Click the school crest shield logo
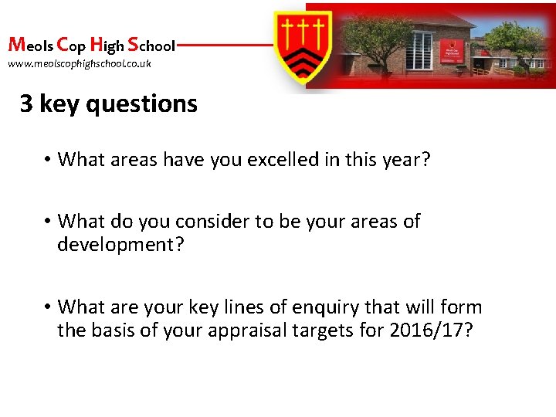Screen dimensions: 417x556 tap(304, 46)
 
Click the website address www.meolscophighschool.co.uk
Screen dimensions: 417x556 tap(80, 63)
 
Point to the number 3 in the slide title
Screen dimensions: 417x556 tap(26, 103)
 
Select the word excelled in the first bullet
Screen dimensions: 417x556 tap(255, 160)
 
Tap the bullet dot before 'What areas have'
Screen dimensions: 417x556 tap(47, 160)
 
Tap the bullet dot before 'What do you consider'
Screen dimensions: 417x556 tap(47, 222)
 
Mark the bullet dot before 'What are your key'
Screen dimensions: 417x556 tap(47, 307)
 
